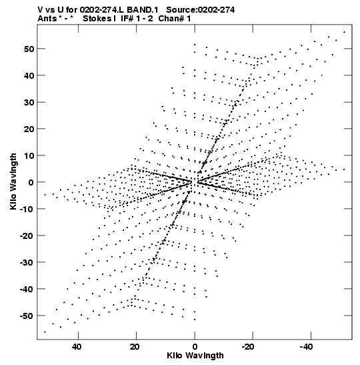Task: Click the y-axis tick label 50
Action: click(29, 49)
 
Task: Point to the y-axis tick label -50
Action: click(27, 316)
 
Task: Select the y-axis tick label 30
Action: click(29, 102)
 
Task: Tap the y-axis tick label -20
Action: click(27, 236)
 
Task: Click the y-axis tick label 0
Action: click(31, 182)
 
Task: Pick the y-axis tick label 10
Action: click(29, 155)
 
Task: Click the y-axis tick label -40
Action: click(27, 289)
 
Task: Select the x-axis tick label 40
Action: click(77, 347)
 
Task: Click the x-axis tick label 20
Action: click(135, 347)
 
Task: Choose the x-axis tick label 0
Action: click(195, 347)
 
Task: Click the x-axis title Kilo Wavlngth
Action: click(195, 356)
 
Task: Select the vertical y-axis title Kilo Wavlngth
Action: click(13, 181)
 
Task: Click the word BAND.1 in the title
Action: click(143, 10)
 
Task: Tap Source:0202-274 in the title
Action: click(200, 10)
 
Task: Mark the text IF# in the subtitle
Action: click(127, 19)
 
